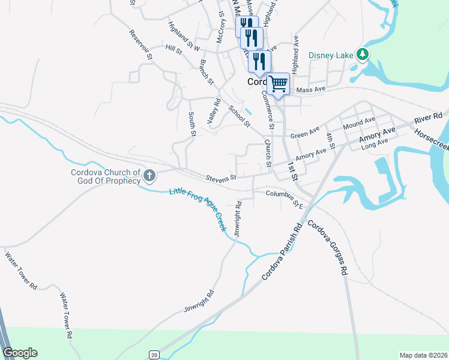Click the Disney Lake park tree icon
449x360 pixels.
(362, 55)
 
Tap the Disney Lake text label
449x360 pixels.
(331, 56)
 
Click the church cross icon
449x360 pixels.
(149, 176)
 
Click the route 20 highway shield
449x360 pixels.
(154, 355)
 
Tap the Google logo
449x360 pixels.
(20, 353)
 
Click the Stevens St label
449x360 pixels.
(221, 178)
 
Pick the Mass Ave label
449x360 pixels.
(310, 89)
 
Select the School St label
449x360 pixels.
(239, 116)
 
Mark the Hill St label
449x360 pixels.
(174, 49)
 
